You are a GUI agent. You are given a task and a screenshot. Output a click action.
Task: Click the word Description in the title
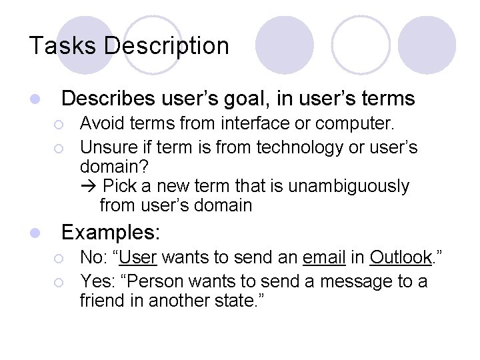click(x=167, y=46)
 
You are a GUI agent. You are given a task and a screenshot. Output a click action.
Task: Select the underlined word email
click(x=323, y=257)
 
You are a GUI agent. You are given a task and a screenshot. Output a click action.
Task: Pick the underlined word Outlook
click(x=401, y=257)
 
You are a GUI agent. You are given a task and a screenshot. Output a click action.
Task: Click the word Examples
click(x=111, y=233)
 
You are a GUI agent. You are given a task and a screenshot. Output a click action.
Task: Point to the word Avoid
click(x=101, y=123)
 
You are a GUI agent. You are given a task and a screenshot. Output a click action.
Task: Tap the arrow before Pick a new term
click(x=89, y=185)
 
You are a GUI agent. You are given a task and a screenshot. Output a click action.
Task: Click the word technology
click(x=297, y=147)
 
